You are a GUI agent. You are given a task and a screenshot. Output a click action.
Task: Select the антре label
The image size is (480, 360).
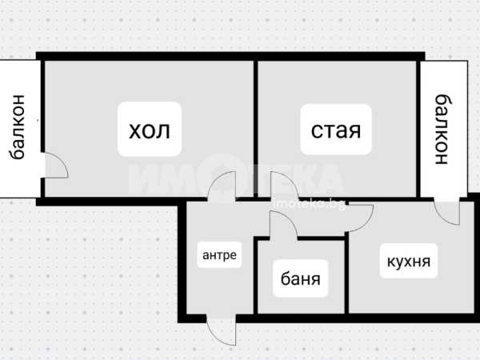coord(219,256)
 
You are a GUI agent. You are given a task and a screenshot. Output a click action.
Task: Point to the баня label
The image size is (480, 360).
coord(301,279)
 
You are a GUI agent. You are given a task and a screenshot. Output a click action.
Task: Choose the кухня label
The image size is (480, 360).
coord(409,261)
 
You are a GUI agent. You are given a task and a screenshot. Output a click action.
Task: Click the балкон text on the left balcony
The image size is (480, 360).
coord(18,128)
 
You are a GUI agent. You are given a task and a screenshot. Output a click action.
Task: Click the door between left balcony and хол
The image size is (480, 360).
coord(54,166)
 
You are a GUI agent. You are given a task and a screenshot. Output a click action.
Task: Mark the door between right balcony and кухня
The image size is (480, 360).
coord(442,210)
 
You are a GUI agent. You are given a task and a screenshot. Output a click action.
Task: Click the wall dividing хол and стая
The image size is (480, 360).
coord(256,128)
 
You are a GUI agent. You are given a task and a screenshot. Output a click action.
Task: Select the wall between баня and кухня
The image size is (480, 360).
coord(348,276)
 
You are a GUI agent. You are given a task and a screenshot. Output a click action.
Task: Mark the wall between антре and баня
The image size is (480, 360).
coord(256,276)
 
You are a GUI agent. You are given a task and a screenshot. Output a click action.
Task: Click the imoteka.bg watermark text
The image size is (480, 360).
coord(309,204)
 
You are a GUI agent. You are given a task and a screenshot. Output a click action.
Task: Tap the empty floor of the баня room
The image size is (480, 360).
coord(301,301)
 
